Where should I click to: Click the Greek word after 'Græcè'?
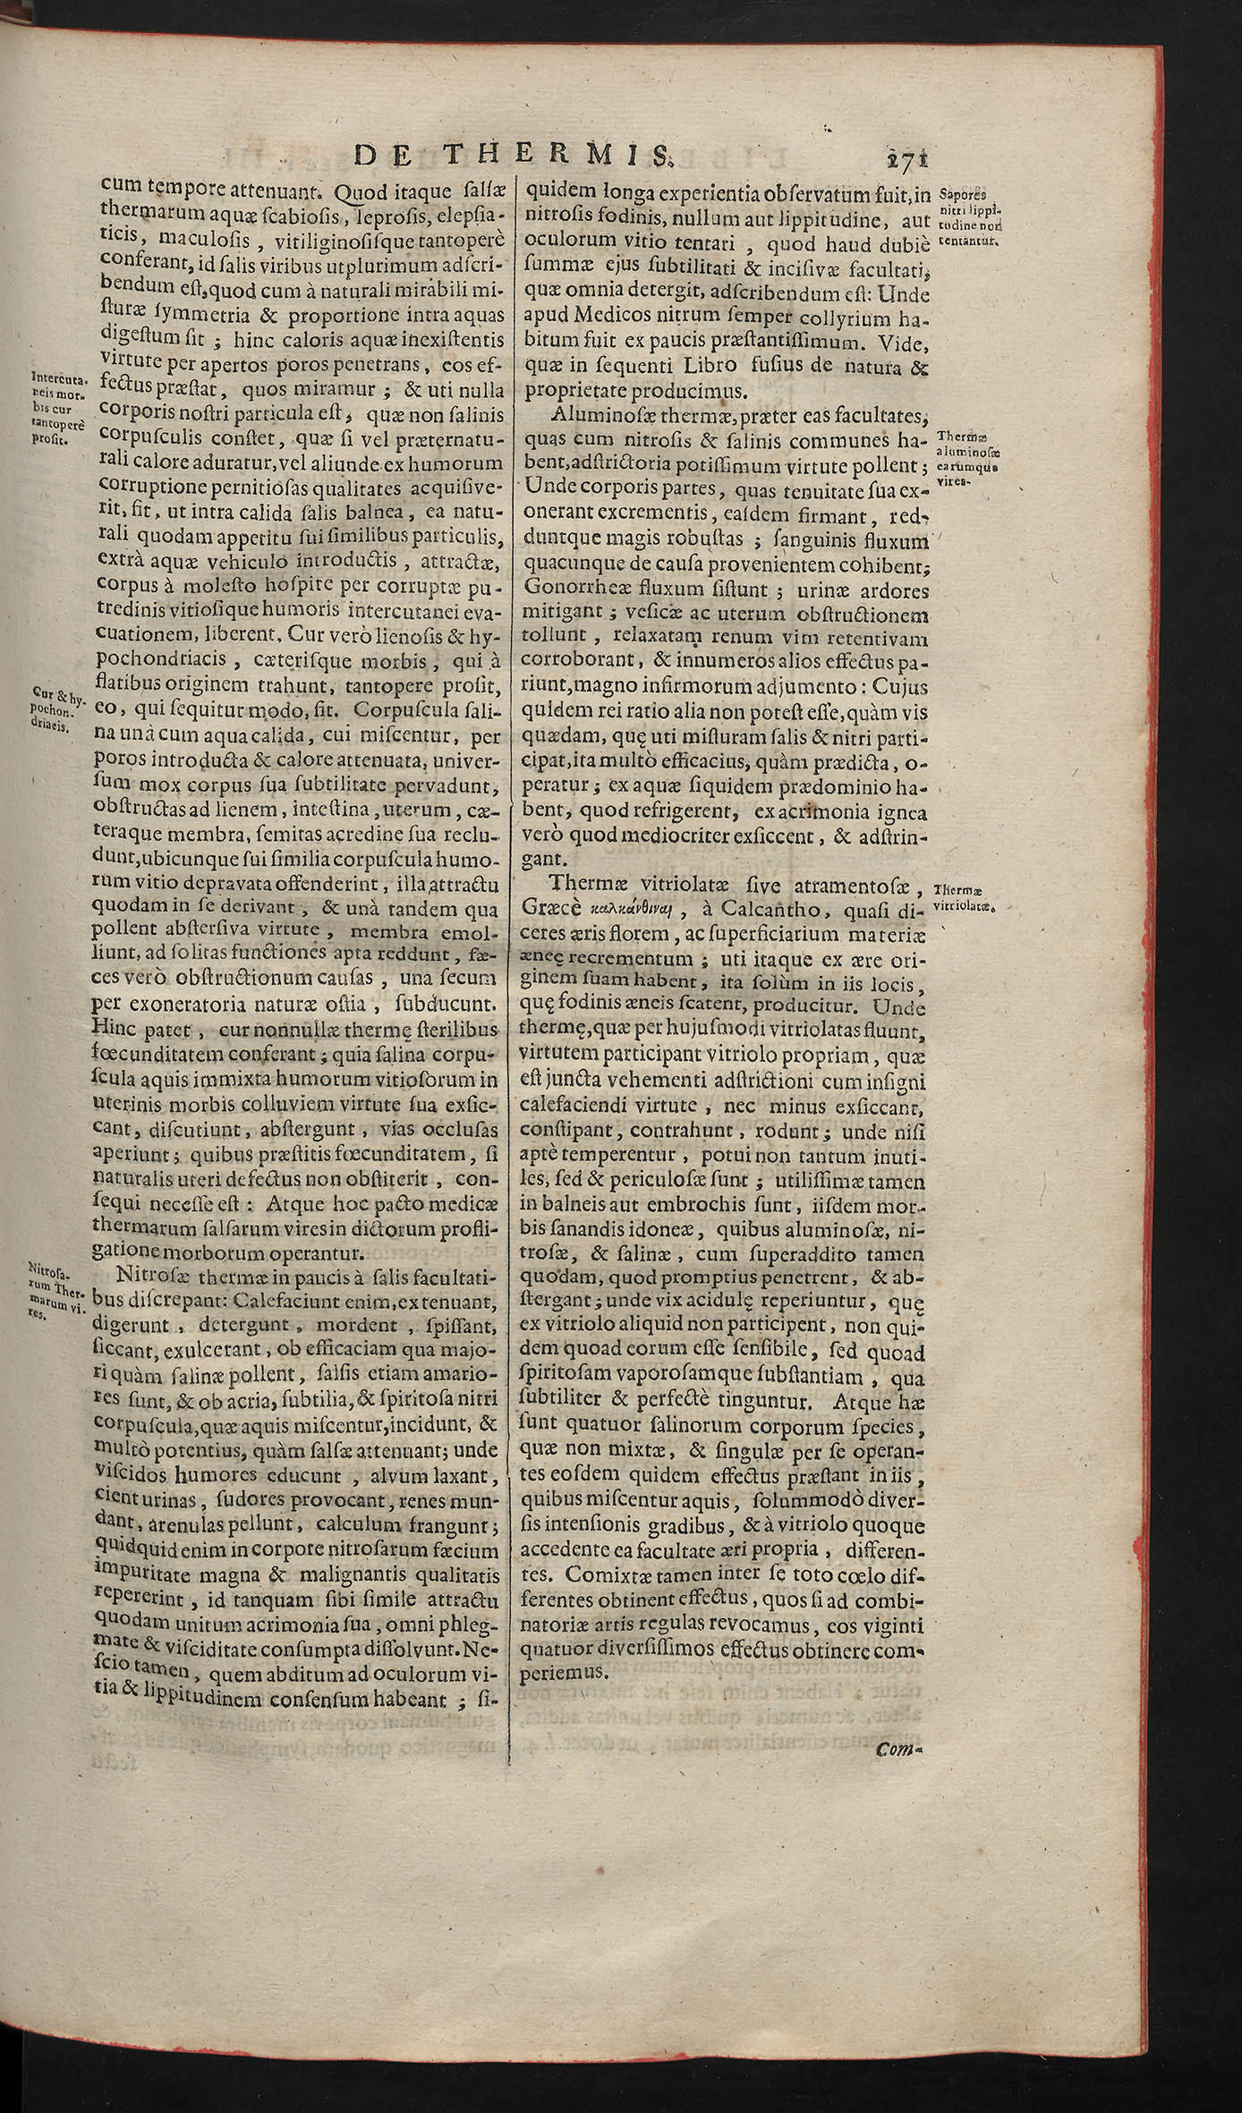click(635, 910)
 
